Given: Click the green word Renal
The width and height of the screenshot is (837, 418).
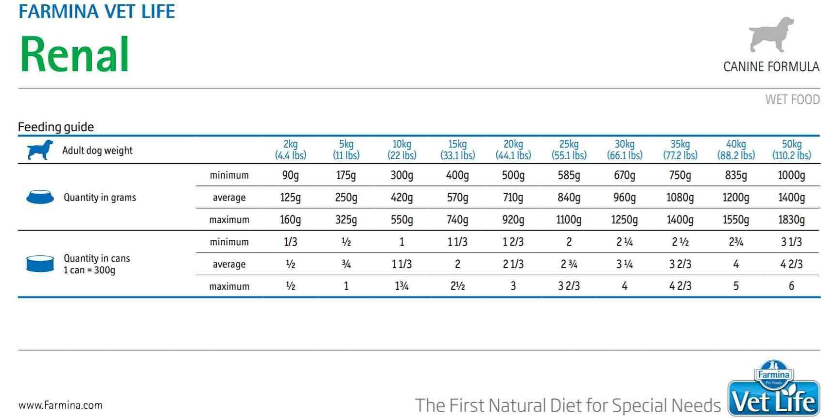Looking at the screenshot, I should click(x=74, y=54).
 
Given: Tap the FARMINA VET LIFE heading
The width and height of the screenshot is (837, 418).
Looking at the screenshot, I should click(x=97, y=11).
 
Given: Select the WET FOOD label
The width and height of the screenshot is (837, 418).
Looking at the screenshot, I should click(x=792, y=100).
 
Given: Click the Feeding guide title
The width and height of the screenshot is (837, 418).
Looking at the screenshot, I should click(x=56, y=127).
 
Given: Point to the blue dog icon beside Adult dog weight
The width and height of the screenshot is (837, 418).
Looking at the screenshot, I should click(x=40, y=150).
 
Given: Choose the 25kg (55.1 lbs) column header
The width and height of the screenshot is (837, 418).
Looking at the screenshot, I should click(x=569, y=150).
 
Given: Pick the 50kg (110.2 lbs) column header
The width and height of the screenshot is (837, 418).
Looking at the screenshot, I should click(x=791, y=150).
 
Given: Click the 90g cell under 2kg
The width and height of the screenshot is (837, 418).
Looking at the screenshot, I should click(x=290, y=175).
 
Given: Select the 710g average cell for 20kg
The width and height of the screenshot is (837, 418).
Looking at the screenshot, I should click(x=513, y=198).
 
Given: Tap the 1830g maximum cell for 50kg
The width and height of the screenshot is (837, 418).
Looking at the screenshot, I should click(x=791, y=220).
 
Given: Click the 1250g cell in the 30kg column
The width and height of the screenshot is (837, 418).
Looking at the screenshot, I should click(x=624, y=220).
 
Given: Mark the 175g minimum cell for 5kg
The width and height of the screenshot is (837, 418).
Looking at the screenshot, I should click(x=346, y=175).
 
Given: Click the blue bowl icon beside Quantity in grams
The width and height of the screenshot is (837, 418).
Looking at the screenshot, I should click(x=40, y=197).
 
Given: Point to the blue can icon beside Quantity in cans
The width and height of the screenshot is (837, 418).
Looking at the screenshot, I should click(x=40, y=264).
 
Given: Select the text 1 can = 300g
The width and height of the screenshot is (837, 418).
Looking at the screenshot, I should click(x=89, y=270).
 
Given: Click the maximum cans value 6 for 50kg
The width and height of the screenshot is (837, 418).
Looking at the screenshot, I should click(x=791, y=286).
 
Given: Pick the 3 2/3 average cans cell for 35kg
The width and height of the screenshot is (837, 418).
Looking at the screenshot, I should click(x=680, y=264).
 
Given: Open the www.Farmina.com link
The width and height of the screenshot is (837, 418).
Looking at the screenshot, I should click(x=60, y=405).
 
